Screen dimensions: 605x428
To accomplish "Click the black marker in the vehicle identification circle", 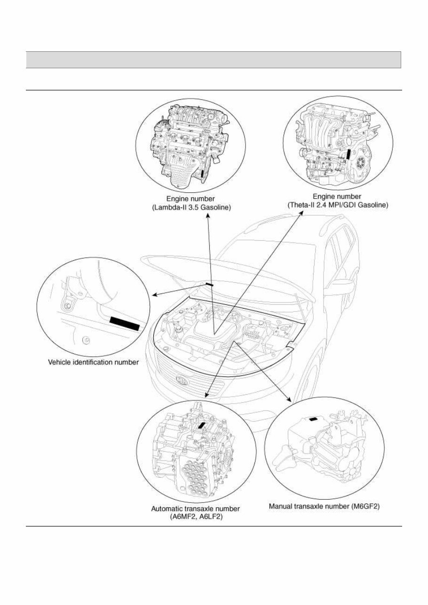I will click(x=125, y=324).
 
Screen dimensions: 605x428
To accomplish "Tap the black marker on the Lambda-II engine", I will click(x=203, y=174).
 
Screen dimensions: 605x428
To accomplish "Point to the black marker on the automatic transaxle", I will click(x=202, y=425).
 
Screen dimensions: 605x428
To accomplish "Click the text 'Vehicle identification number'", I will click(x=94, y=362).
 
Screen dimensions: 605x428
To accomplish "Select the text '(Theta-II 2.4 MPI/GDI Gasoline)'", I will click(x=337, y=205).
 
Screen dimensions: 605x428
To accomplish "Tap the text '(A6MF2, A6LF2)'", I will click(x=195, y=516).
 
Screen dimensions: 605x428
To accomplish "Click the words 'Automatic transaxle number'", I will click(x=195, y=509).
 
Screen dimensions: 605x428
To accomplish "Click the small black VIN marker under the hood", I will click(x=209, y=284).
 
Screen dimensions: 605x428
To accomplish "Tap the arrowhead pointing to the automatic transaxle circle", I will click(x=206, y=395).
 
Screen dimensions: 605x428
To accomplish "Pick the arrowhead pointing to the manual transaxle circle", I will click(x=288, y=399).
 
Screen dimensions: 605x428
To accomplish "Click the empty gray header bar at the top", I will click(x=214, y=60).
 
